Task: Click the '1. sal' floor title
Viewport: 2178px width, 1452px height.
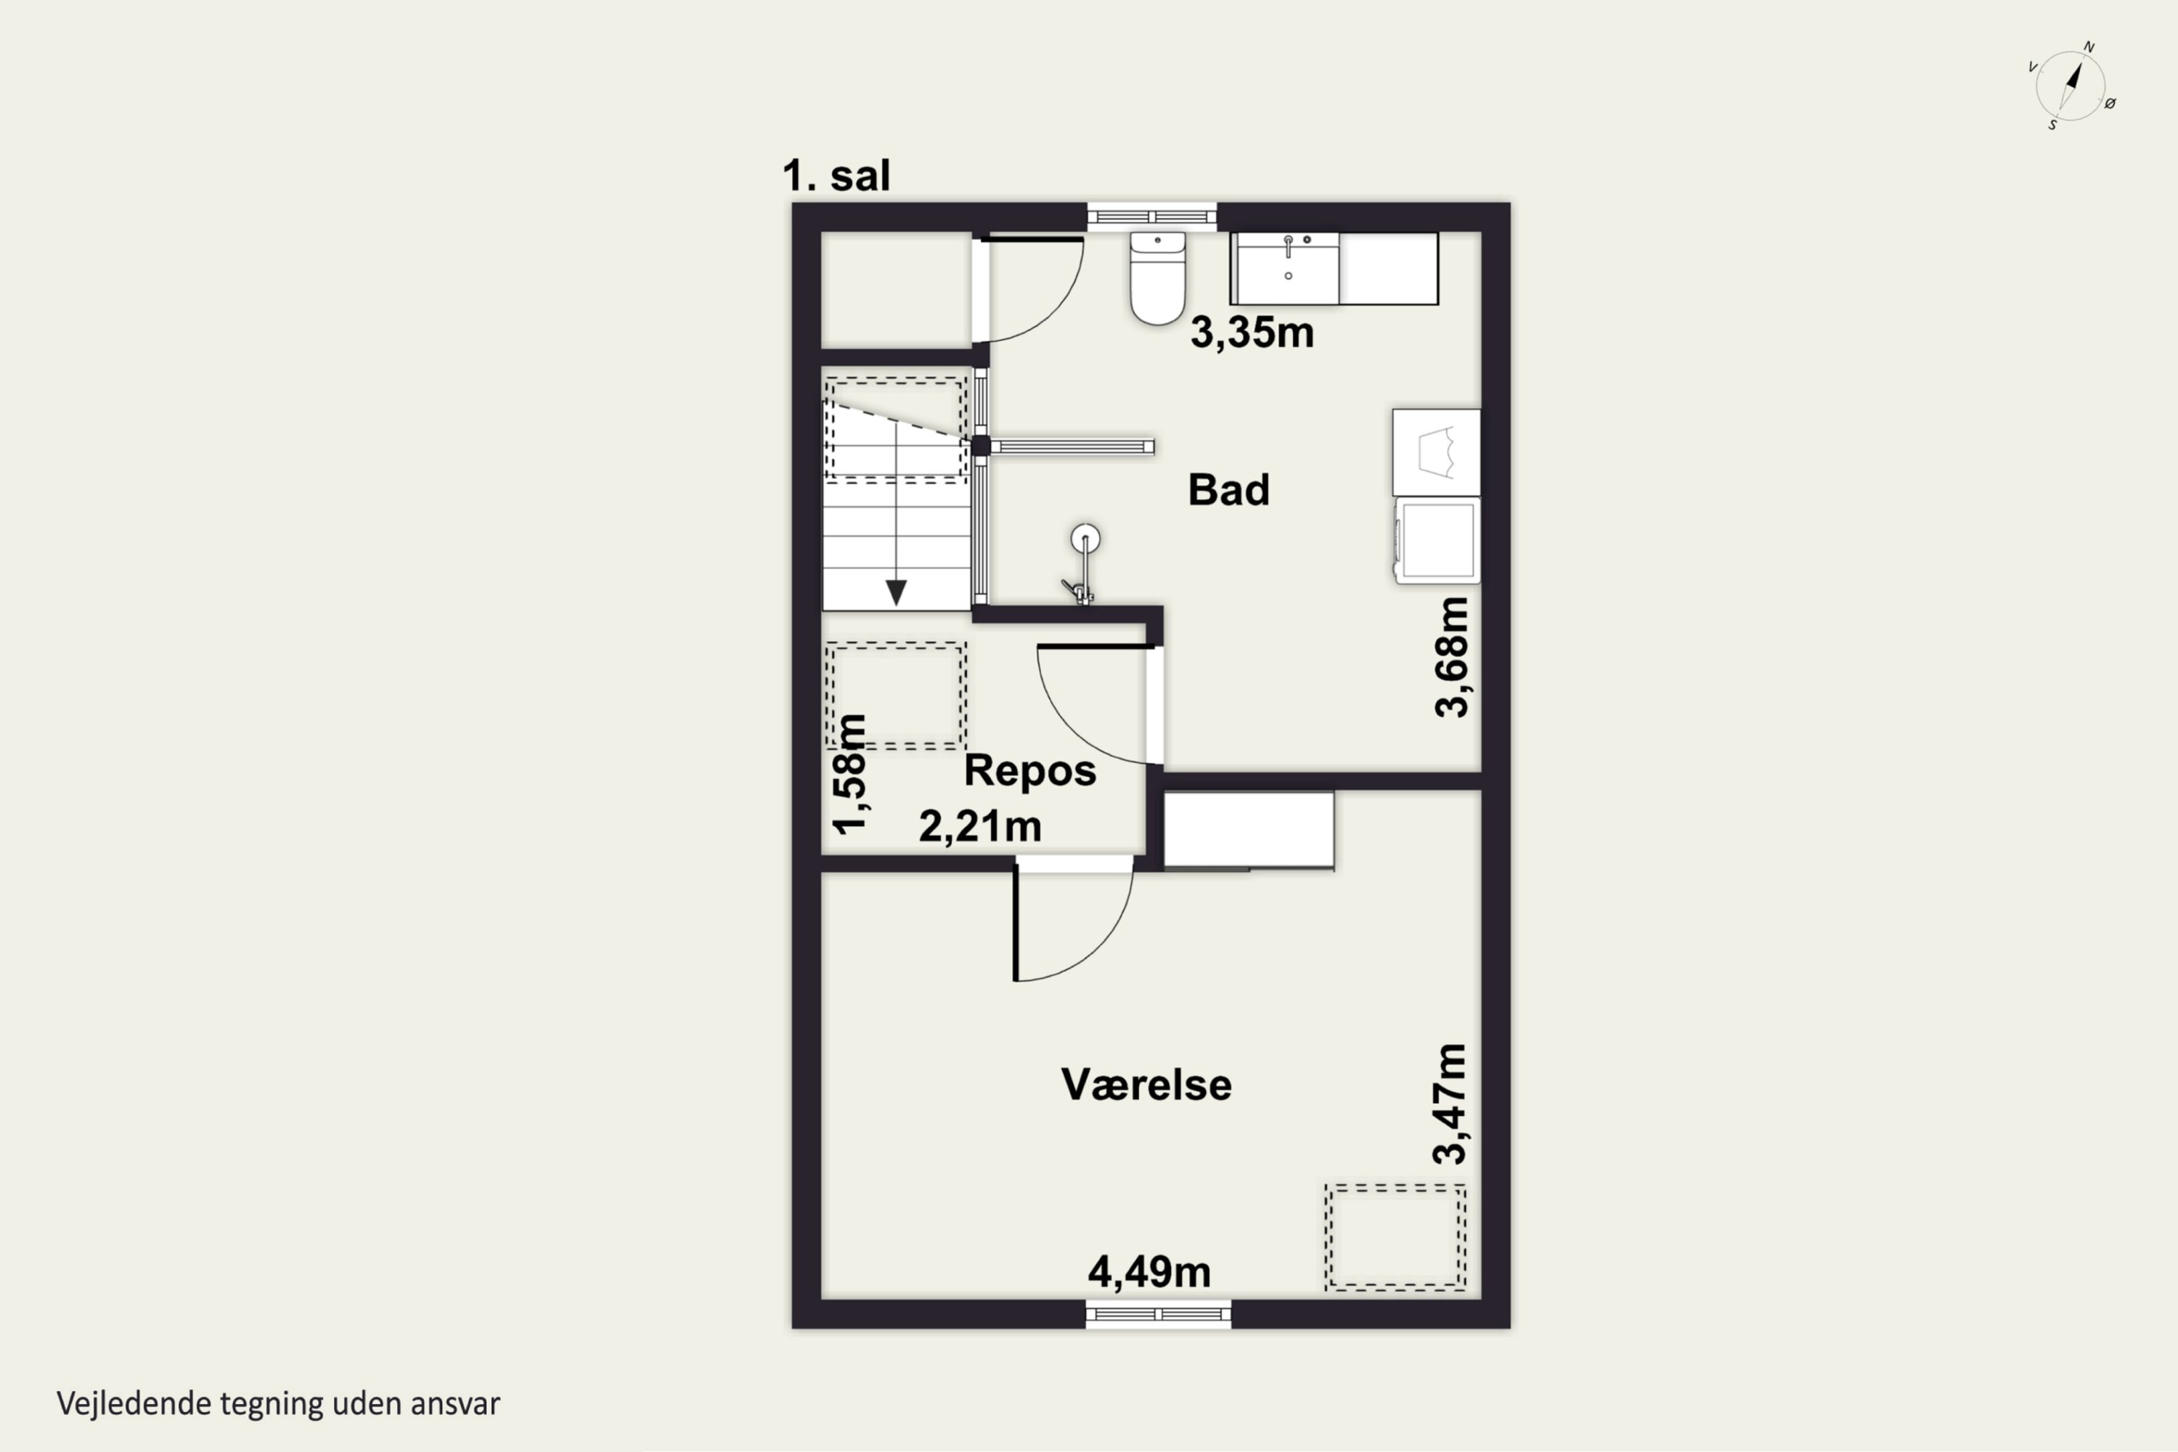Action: point(836,175)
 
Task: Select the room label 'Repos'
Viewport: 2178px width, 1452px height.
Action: point(1029,770)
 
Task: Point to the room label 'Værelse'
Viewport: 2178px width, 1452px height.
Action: point(1146,1085)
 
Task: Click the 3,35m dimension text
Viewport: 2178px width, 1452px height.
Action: point(1252,333)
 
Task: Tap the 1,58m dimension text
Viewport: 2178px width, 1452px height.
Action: point(849,774)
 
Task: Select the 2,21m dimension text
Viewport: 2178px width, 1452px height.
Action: point(979,826)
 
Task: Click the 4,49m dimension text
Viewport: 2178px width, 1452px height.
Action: point(1149,1273)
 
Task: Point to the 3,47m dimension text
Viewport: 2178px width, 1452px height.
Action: point(1450,1103)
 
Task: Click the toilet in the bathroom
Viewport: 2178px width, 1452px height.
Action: point(1157,278)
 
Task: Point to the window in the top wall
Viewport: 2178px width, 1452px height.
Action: point(1151,216)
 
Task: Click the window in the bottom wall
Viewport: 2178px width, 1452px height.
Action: point(1157,1314)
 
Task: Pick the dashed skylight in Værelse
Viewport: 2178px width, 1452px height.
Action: point(1395,1237)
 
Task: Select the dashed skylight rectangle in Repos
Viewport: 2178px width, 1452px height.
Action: point(895,695)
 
